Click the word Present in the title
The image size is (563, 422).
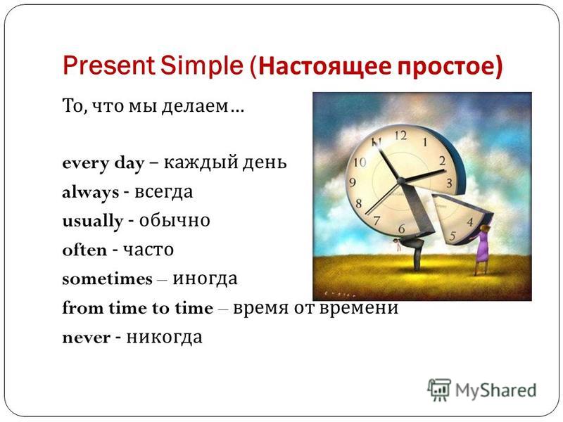coord(108,65)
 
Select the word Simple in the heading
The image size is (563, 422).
coord(202,66)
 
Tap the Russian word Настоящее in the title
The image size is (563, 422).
coord(324,67)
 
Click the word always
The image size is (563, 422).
coord(91,193)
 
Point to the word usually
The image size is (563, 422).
coord(93,222)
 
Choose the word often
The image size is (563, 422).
coord(84,250)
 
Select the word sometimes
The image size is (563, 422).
coord(108,279)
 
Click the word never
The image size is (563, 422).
coord(86,338)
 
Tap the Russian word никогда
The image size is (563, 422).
coord(165,338)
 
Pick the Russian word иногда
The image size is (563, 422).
coord(205,279)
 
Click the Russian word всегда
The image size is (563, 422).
coord(164,192)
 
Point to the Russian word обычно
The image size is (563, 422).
coord(175,220)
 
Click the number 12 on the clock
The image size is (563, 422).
coord(400,135)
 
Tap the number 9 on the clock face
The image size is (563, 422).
coord(353,182)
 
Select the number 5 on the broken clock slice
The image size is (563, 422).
coord(453,236)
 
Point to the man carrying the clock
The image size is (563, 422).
coord(412,251)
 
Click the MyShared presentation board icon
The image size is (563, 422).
coord(438,390)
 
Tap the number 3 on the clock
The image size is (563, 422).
coord(449,184)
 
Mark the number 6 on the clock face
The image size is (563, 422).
coord(401,229)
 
